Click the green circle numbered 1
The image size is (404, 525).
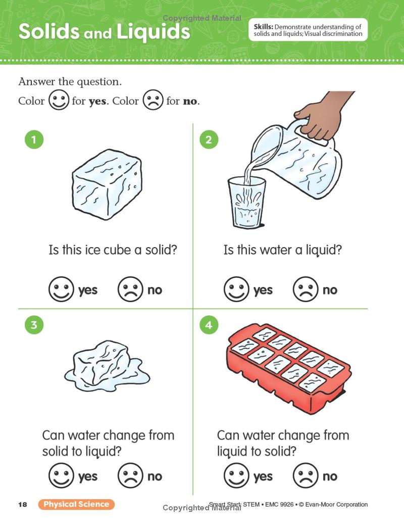34,139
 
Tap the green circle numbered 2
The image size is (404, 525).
209,139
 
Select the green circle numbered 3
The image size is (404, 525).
34,325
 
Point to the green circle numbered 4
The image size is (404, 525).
209,325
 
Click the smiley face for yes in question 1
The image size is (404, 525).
61,289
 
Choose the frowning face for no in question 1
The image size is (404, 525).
130,289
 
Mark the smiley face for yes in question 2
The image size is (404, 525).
236,289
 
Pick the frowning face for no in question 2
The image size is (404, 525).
305,289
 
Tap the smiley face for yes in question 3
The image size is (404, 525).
61,475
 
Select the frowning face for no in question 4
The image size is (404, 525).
305,475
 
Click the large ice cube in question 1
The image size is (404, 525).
107,184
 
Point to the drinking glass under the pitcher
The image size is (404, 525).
247,203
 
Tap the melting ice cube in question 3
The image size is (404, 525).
107,366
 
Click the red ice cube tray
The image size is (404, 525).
288,368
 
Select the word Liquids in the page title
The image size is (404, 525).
154,32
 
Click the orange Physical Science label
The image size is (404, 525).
76,504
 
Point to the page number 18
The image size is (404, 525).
22,505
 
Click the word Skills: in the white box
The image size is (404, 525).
264,27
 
